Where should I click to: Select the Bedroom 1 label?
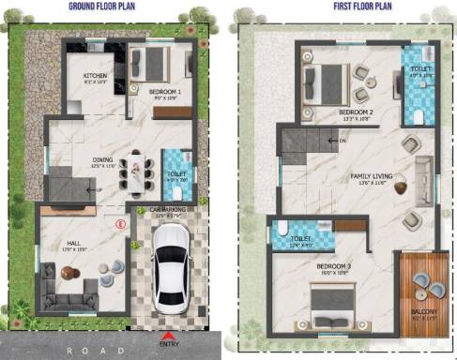[x=165, y=91]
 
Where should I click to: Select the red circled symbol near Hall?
[x=119, y=224]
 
